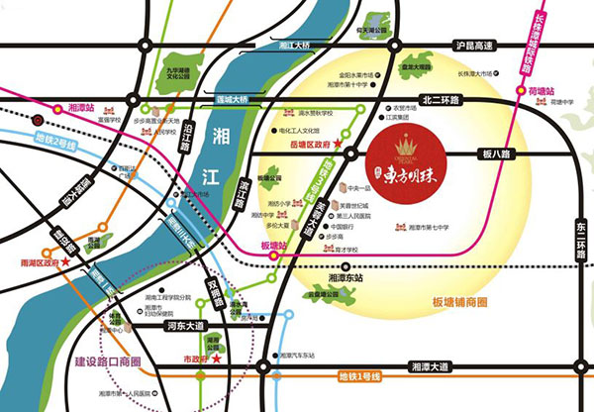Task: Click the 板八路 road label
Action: pos(495,154)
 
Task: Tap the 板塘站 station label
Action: pos(270,245)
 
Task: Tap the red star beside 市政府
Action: pos(234,362)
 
